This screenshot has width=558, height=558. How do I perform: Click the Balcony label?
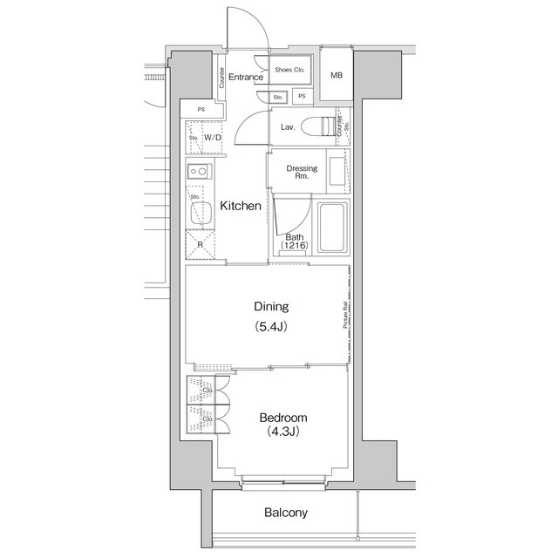point(286,514)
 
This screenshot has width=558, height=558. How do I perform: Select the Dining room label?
point(270,307)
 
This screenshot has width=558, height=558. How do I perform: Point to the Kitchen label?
point(240,207)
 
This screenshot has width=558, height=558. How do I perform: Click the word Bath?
point(295,237)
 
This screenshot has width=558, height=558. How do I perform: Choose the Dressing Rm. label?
point(301,173)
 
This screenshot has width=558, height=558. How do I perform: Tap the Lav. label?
point(288,127)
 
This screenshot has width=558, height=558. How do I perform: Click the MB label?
point(337,76)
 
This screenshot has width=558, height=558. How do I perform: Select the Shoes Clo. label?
point(289,69)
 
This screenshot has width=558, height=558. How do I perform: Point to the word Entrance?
point(247,78)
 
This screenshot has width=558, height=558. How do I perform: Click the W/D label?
point(212,138)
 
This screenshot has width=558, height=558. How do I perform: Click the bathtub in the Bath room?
point(332,228)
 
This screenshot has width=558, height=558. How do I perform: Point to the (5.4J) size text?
point(270,327)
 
